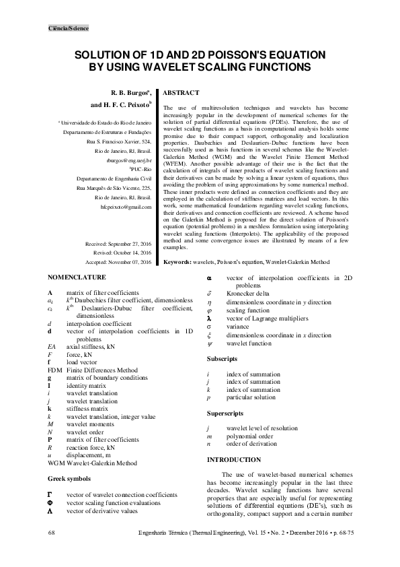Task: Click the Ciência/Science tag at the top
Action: click(69, 28)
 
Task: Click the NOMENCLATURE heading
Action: click(77, 277)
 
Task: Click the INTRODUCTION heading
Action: click(233, 459)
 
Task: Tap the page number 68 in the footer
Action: click(52, 533)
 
